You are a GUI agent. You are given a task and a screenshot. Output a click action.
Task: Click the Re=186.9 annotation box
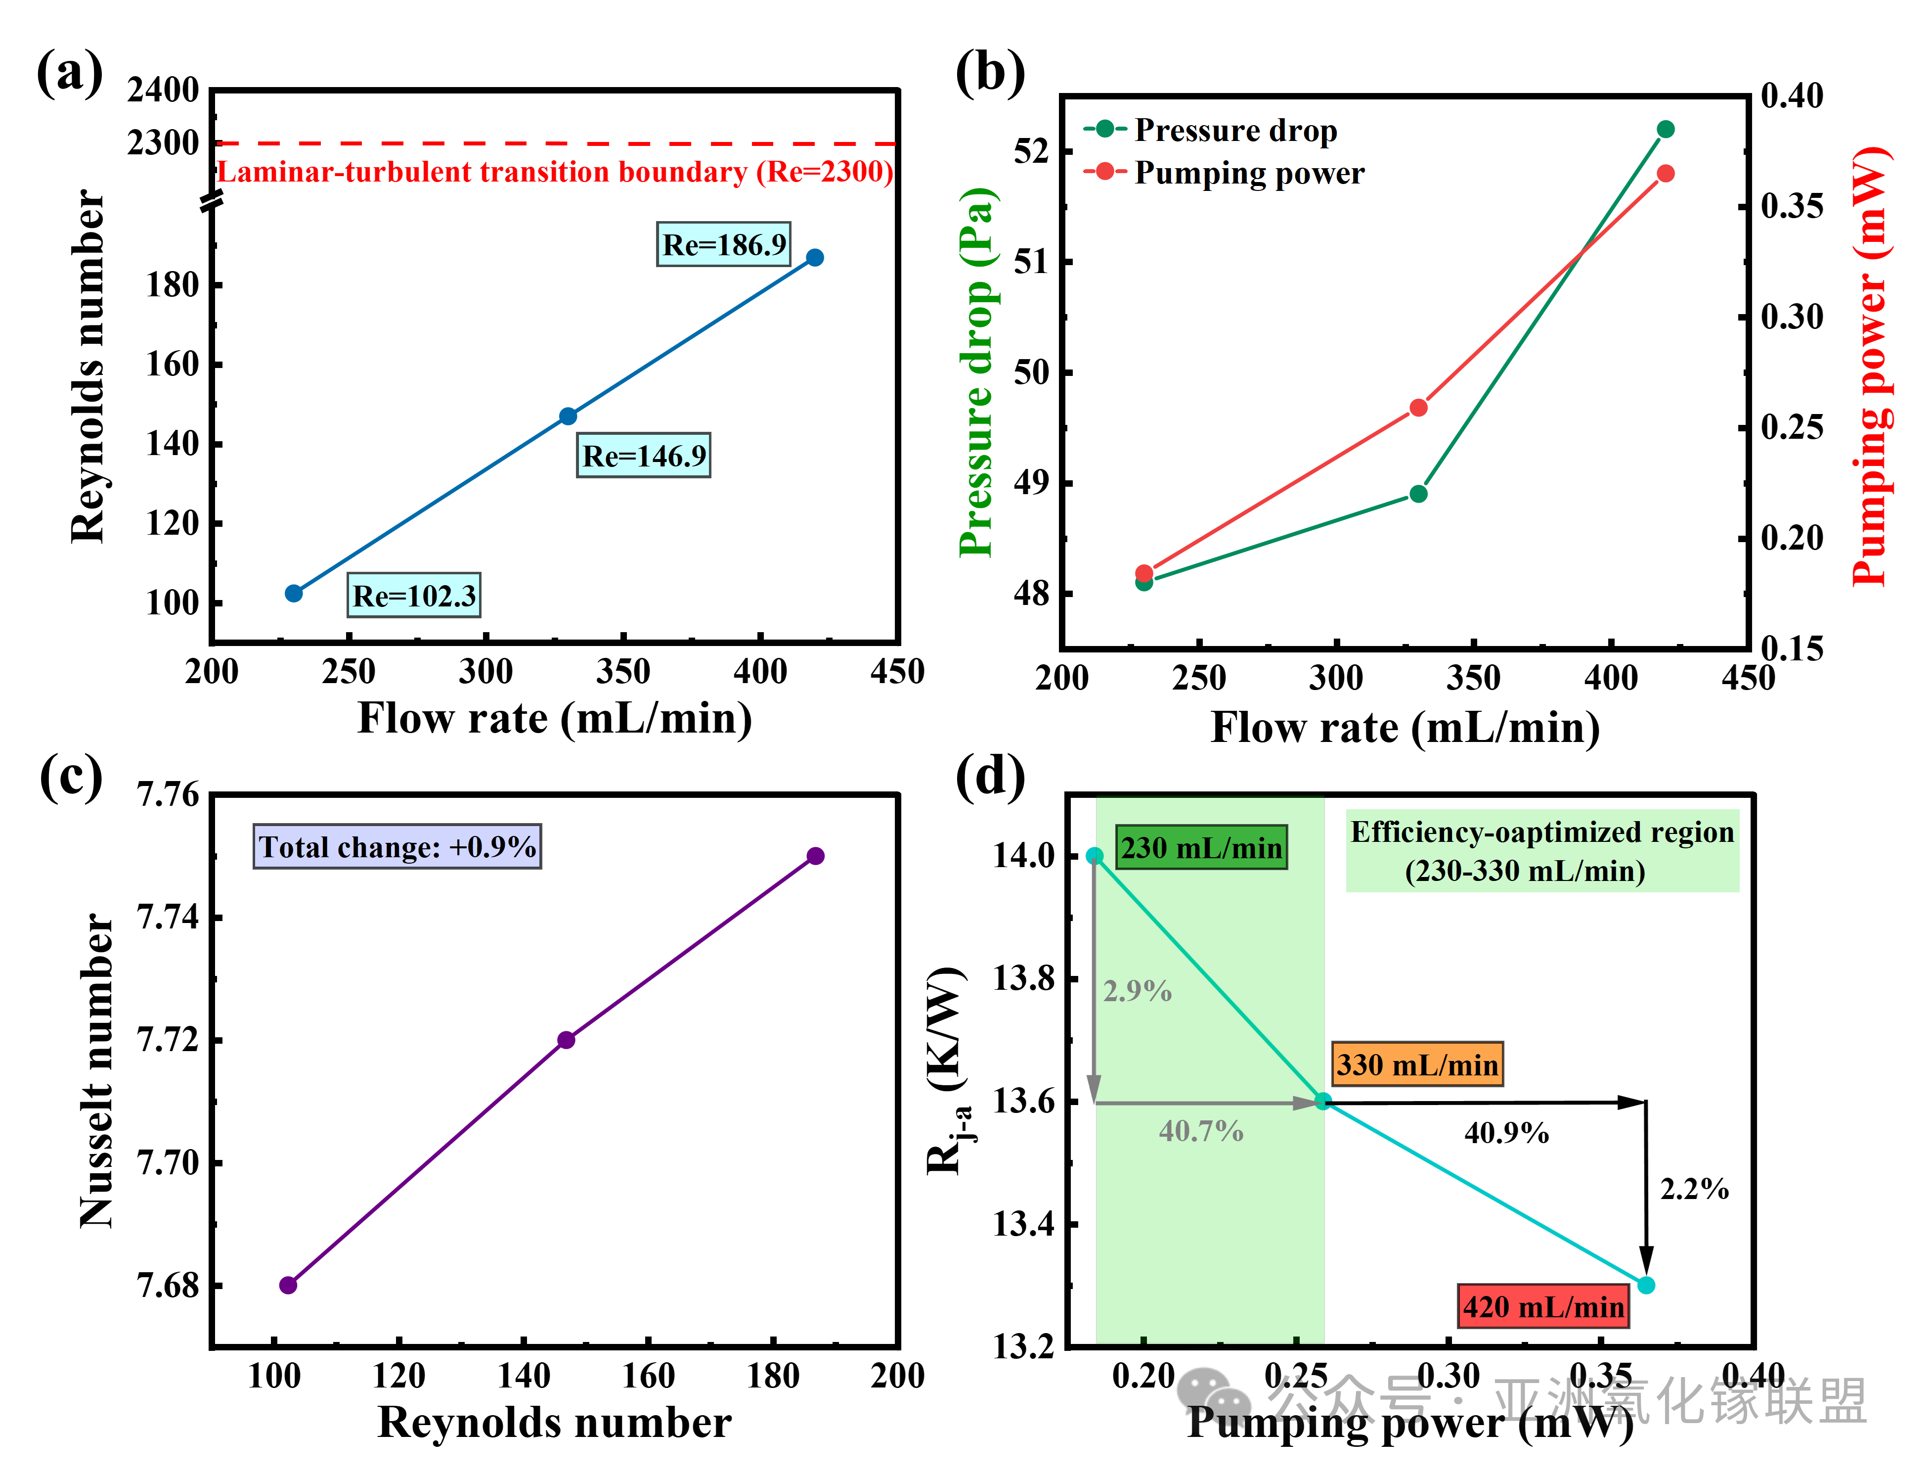724,244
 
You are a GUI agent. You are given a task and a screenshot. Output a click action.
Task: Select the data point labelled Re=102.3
294,594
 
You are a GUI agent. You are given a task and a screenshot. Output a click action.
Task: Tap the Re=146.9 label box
644,456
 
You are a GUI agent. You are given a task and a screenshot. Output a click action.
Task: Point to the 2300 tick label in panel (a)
164,142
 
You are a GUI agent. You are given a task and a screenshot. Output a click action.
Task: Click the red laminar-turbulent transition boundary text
555,172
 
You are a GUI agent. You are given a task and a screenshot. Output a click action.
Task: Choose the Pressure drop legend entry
1212,130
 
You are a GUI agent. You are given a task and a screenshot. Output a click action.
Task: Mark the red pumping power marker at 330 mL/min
1418,408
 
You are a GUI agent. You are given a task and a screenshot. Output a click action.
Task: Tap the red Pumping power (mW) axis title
1870,366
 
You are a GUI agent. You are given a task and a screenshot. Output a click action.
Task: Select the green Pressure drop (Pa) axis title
976,373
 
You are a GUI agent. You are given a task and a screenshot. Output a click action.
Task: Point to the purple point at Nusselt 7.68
288,1285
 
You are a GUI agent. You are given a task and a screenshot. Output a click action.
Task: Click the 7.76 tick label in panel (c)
169,794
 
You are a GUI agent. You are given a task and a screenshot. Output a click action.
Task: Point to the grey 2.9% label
1138,991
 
